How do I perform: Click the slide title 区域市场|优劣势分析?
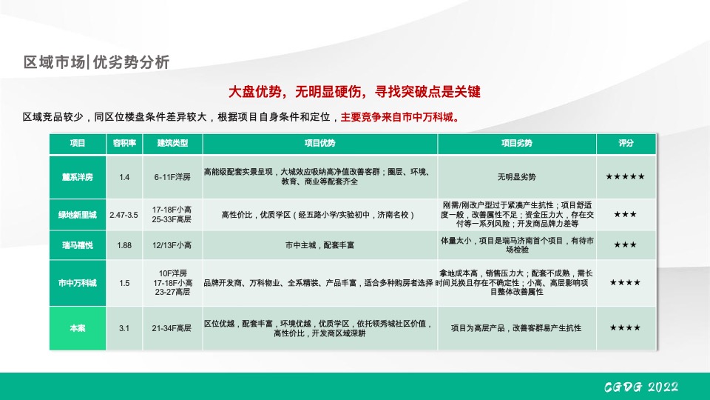97,62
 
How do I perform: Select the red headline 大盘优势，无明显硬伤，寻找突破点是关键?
355,92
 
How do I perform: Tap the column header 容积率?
124,143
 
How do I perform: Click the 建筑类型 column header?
172,143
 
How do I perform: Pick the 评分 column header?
626,143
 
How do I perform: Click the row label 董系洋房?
78,177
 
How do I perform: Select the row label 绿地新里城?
78,215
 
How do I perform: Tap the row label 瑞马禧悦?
78,245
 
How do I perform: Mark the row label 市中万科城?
78,283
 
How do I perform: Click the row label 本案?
78,328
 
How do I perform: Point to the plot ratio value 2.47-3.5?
124,215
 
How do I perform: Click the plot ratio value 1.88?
124,245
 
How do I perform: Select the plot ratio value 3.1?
124,328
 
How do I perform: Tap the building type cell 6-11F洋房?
172,177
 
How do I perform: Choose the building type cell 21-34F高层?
172,328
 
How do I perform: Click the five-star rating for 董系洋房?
625,177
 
